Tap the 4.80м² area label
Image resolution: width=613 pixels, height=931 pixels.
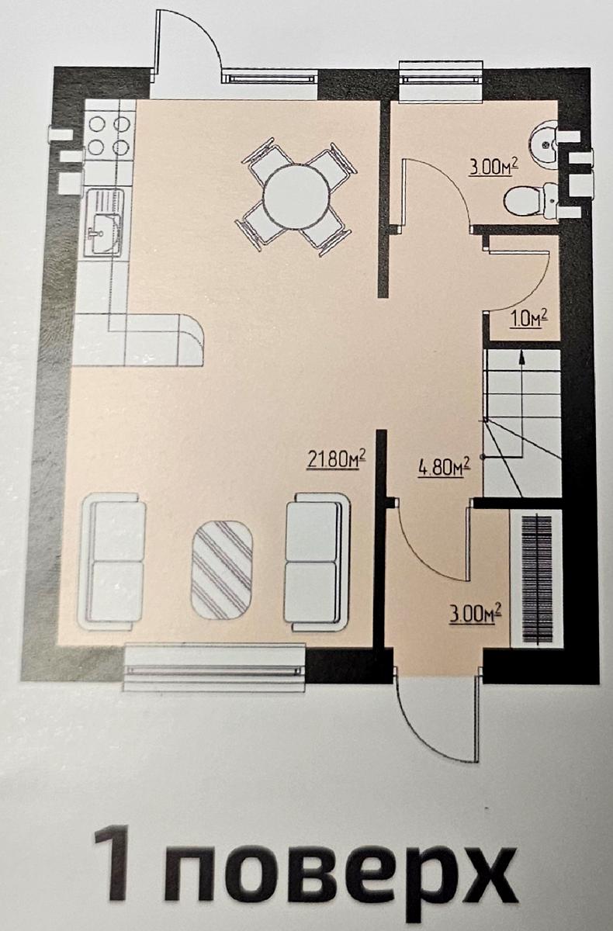click(x=444, y=467)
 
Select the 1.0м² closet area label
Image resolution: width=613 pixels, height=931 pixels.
click(x=528, y=320)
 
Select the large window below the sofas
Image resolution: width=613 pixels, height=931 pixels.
click(x=215, y=669)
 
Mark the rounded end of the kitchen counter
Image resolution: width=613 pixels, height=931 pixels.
click(x=191, y=340)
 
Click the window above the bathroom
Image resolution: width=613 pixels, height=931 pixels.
click(x=442, y=80)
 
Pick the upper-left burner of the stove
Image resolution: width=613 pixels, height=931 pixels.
click(x=98, y=124)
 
